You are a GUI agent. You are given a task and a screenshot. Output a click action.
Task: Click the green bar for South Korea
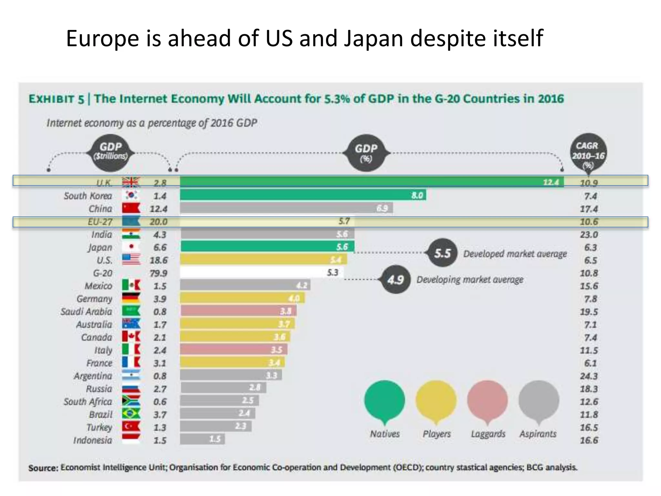click(303, 195)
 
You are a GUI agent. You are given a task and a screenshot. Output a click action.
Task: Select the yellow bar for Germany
click(242, 298)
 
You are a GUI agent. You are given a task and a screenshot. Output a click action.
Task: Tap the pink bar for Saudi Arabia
click(238, 311)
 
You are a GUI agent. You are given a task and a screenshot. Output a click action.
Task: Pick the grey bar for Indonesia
click(202, 439)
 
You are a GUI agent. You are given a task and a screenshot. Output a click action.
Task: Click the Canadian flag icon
click(131, 337)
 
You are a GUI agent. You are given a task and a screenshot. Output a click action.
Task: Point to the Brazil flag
click(131, 414)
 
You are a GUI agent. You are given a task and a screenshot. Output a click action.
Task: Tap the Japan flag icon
click(131, 247)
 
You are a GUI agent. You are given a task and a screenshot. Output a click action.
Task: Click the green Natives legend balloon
click(384, 400)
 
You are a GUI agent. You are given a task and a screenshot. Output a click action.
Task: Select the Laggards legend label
click(488, 434)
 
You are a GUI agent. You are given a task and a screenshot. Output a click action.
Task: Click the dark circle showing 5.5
click(442, 253)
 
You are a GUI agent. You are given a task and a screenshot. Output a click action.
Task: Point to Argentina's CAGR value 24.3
click(589, 376)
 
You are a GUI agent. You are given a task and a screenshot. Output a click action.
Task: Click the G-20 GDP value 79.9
click(158, 273)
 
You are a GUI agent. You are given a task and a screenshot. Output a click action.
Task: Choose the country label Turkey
click(99, 427)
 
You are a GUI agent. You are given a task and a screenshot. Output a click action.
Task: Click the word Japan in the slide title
click(373, 38)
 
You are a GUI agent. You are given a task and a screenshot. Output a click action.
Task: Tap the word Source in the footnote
click(43, 468)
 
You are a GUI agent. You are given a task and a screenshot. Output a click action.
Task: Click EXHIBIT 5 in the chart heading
click(56, 99)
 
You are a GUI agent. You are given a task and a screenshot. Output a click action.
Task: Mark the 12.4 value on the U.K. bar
click(551, 182)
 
